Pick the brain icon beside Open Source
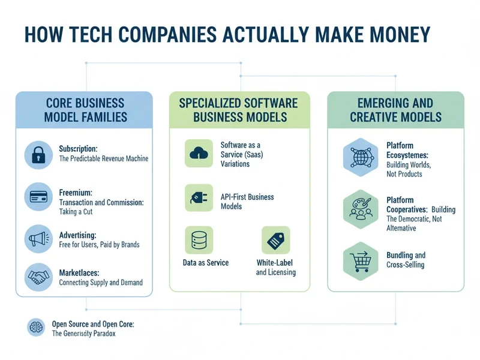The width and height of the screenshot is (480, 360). (x=36, y=328)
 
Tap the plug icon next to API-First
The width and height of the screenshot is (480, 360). (x=199, y=197)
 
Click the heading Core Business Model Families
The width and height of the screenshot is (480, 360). (x=85, y=109)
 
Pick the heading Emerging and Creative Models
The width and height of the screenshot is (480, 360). (x=395, y=109)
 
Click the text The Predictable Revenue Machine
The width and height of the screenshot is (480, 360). (x=103, y=158)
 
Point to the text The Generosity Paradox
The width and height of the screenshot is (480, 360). (x=83, y=334)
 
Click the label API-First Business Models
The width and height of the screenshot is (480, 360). (x=247, y=202)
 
